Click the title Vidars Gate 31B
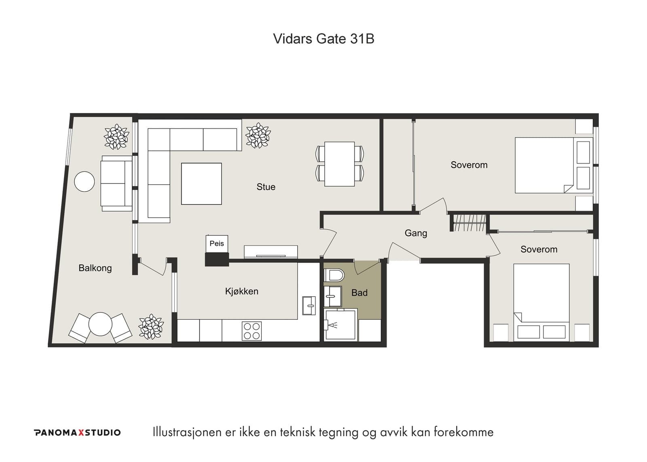(x=323, y=39)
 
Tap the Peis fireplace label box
(x=217, y=244)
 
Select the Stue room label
(x=266, y=187)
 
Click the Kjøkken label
(x=241, y=291)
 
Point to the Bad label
(x=359, y=293)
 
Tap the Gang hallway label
(x=416, y=233)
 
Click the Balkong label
(x=95, y=268)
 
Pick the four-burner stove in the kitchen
(x=252, y=331)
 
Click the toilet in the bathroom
(x=334, y=276)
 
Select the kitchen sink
(x=309, y=306)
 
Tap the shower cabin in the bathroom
(x=340, y=324)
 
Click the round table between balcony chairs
(x=100, y=324)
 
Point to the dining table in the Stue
(x=340, y=164)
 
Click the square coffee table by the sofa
(x=201, y=184)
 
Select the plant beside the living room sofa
(x=258, y=135)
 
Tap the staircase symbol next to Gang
(x=469, y=223)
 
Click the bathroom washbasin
(x=333, y=296)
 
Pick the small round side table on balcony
(x=85, y=181)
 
